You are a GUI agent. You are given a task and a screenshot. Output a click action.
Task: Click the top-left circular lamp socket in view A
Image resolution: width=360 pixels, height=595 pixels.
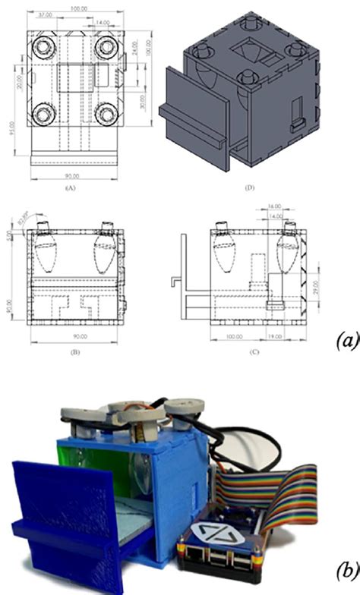point(41,49)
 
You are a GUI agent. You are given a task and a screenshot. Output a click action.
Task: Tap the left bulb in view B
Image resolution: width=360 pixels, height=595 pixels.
point(46,253)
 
